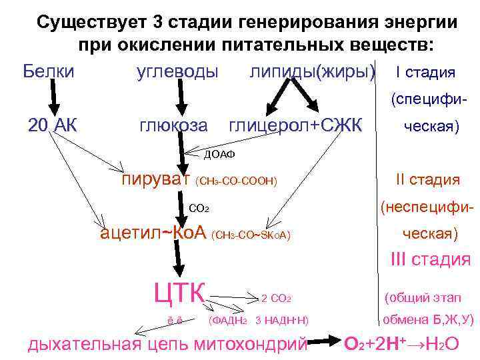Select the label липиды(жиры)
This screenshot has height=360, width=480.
tap(312, 71)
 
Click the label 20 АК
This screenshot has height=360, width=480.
tap(53, 125)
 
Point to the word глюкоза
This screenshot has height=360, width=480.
tap(173, 125)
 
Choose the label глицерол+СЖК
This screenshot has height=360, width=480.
tap(295, 125)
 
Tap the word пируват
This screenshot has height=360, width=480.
tap(156, 179)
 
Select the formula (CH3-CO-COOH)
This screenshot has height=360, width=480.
tap(237, 181)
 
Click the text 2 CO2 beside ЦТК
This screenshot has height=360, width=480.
tap(277, 298)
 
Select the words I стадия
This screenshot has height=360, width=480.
tap(425, 72)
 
